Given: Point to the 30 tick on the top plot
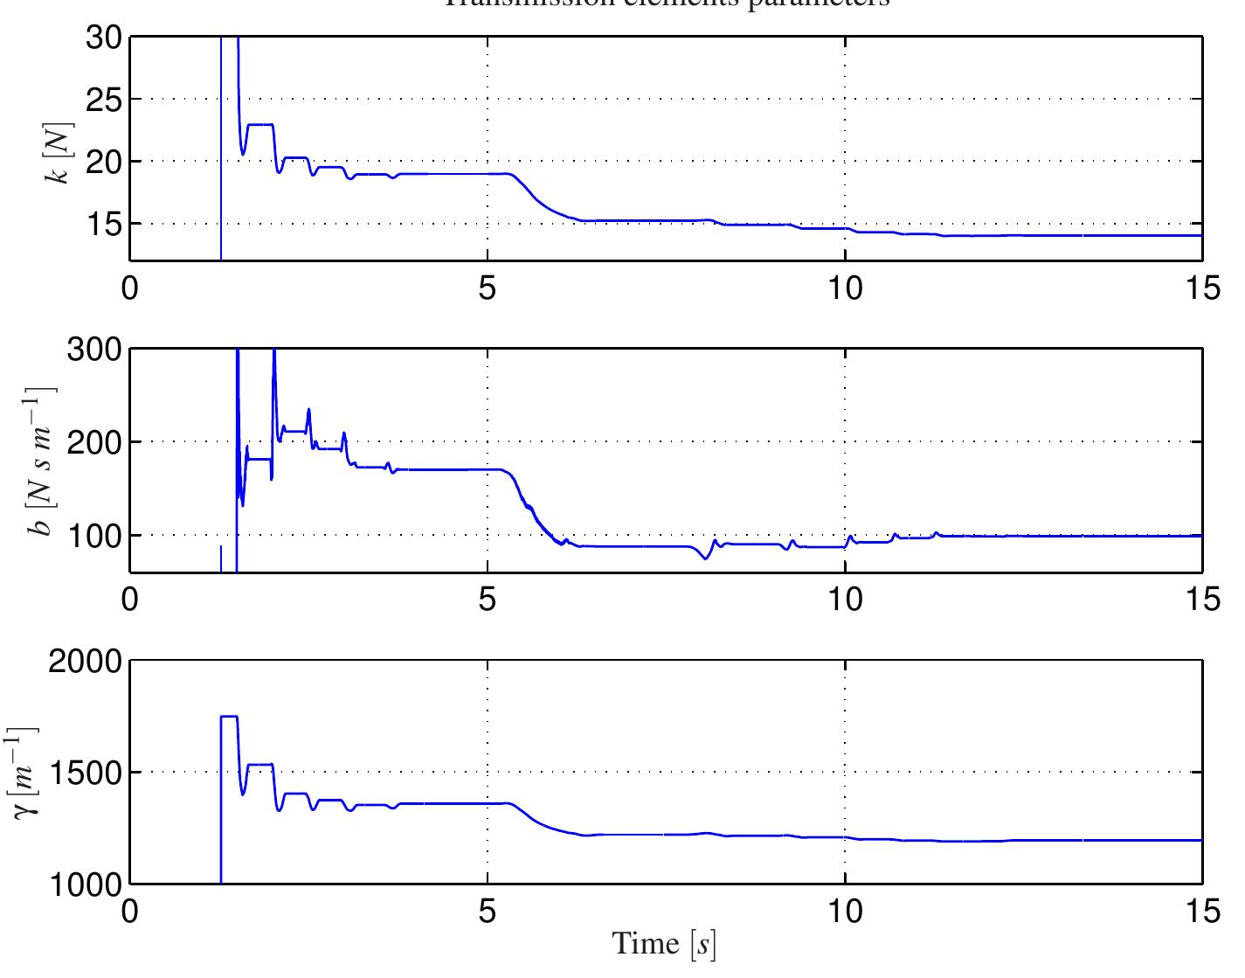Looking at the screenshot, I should [x=106, y=38].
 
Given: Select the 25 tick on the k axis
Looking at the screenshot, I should [x=106, y=100].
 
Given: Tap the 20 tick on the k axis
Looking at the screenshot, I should [x=106, y=162].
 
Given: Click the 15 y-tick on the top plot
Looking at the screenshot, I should [x=106, y=224].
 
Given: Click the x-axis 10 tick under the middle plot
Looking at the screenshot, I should [x=845, y=600].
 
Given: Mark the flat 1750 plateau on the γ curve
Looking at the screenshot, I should [x=229, y=717].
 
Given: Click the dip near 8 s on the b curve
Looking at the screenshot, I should [x=705, y=558].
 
